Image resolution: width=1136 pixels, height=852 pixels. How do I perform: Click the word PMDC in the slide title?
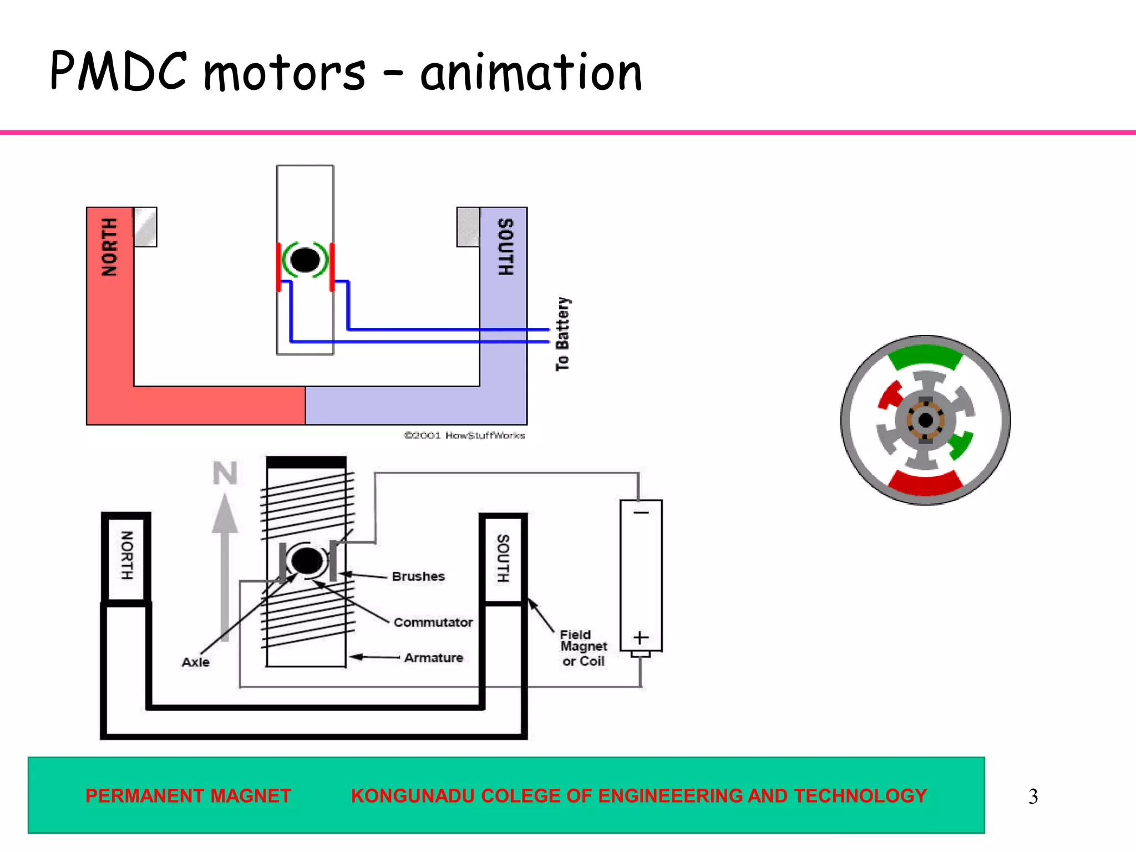click(118, 70)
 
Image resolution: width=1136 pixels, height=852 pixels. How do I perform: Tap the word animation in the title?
click(531, 73)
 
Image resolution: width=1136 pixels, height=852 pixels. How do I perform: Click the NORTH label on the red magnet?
click(109, 247)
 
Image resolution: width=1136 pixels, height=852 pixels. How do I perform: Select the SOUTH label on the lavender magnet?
click(505, 247)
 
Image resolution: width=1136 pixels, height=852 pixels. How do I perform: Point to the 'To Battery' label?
click(562, 334)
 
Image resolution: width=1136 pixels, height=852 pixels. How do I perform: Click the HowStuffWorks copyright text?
click(464, 435)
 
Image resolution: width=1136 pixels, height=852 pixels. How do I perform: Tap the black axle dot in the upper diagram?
click(305, 260)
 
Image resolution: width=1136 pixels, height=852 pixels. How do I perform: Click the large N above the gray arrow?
click(225, 473)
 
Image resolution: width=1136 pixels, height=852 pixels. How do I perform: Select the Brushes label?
click(418, 576)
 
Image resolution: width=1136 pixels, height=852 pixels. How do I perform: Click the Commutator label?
click(433, 622)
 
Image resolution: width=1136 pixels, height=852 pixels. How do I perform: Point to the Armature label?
click(433, 658)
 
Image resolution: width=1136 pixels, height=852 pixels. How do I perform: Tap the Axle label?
click(195, 662)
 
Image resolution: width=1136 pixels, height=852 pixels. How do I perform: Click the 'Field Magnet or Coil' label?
click(583, 647)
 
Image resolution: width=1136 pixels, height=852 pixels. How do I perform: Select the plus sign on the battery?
click(641, 637)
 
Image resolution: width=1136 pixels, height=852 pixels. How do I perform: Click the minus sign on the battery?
click(641, 513)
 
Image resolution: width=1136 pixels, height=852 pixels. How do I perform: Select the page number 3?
click(1033, 797)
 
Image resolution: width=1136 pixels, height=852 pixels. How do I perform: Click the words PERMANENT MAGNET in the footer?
click(188, 796)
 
